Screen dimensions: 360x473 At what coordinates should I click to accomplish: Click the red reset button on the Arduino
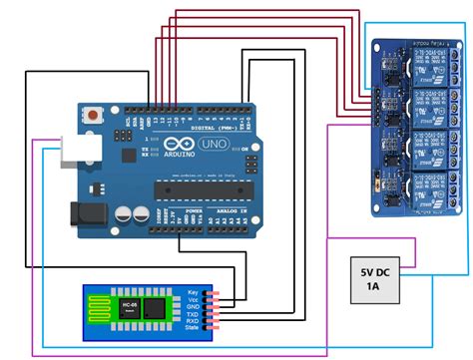[94, 115]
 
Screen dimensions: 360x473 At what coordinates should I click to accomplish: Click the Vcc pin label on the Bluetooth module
[193, 300]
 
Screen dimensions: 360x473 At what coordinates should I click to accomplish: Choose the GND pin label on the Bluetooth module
[192, 308]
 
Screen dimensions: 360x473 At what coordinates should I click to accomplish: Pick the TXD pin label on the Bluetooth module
[192, 315]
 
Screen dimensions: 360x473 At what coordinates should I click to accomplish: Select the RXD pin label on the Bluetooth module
[192, 322]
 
